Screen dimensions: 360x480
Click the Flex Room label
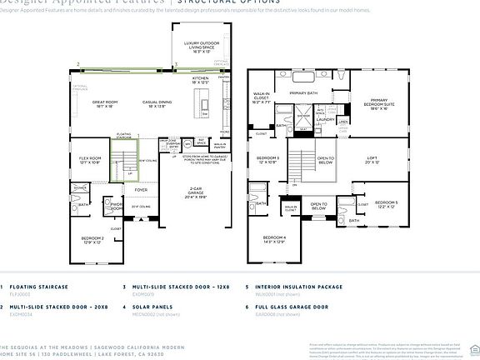click(89, 159)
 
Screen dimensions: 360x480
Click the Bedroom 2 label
click(92, 239)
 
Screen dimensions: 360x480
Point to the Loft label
click(372, 159)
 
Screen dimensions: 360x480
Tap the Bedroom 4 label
click(274, 239)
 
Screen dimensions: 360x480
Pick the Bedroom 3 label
click(267, 159)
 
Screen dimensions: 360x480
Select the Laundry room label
click(325, 119)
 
